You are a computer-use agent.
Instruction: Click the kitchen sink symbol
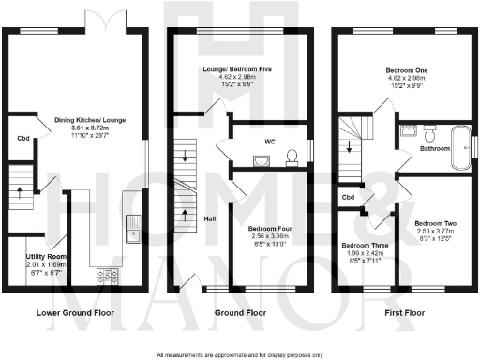[133, 227]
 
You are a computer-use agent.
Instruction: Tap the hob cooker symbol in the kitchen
[106, 276]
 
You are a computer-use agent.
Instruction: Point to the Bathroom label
[434, 148]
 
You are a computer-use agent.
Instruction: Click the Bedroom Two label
[434, 223]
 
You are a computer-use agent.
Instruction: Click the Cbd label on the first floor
[347, 198]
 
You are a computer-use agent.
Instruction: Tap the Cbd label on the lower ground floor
[22, 139]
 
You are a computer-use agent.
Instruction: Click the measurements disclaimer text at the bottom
[241, 354]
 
